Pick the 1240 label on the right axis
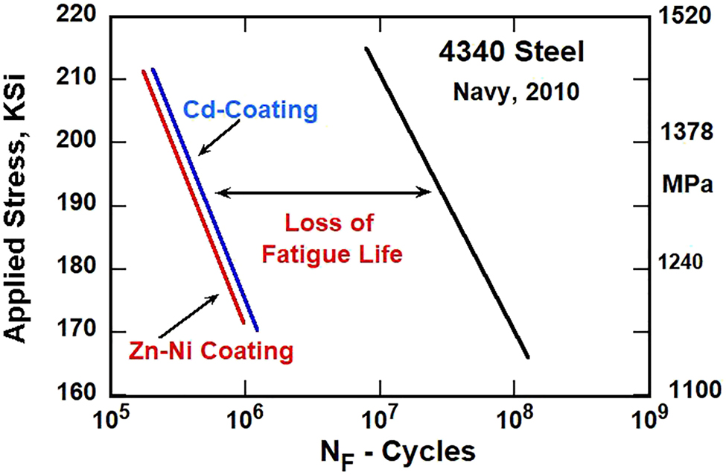point(689,262)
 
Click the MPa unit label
point(690,183)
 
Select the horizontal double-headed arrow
point(323,192)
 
